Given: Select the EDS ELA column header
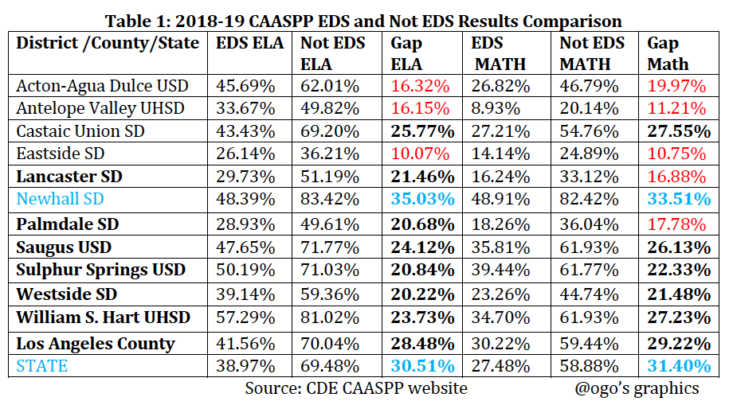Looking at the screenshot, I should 250,43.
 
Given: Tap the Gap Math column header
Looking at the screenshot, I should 668,53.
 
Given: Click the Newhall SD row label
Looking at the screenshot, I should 61,198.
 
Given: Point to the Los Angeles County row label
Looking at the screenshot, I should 96,344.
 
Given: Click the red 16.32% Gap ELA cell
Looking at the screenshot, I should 423,85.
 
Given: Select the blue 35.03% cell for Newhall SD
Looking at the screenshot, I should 423,198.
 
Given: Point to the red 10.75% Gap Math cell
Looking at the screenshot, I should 677,154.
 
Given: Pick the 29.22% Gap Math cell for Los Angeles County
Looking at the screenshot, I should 677,344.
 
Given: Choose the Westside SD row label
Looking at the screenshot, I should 67,294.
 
